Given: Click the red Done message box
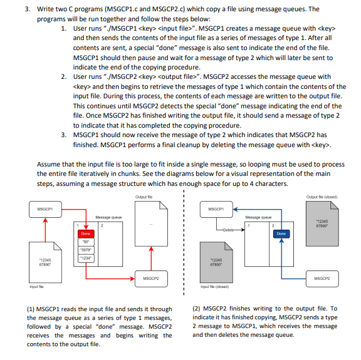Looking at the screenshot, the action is coord(86,234).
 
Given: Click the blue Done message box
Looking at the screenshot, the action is coord(281,234).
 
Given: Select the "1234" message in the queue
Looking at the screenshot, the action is coord(86,259).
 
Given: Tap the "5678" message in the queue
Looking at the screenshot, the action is coord(86,250).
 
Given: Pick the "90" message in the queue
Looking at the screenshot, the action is coord(86,242).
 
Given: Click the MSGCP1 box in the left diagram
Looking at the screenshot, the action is coord(45,209).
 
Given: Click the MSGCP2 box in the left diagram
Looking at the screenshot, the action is coord(151,279).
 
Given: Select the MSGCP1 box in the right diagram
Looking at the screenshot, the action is coord(216,209).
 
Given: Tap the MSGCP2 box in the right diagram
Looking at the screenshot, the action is coord(322,279).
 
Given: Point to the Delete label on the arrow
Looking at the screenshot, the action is coord(228,230).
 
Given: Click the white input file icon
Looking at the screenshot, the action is coord(45,262).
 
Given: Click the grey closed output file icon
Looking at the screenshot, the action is coord(322,224).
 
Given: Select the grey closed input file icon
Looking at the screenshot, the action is coord(216,262).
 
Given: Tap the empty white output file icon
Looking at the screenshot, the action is coord(151,224).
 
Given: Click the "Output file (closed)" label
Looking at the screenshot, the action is coord(322,197).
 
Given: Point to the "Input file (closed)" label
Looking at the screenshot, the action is coord(214,287).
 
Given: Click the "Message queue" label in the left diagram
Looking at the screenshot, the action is coord(108,217).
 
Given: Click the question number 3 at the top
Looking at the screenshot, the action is coord(28,9).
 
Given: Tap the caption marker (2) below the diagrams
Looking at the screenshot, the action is coord(196,309).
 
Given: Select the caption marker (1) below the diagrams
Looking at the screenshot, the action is coord(31,309).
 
